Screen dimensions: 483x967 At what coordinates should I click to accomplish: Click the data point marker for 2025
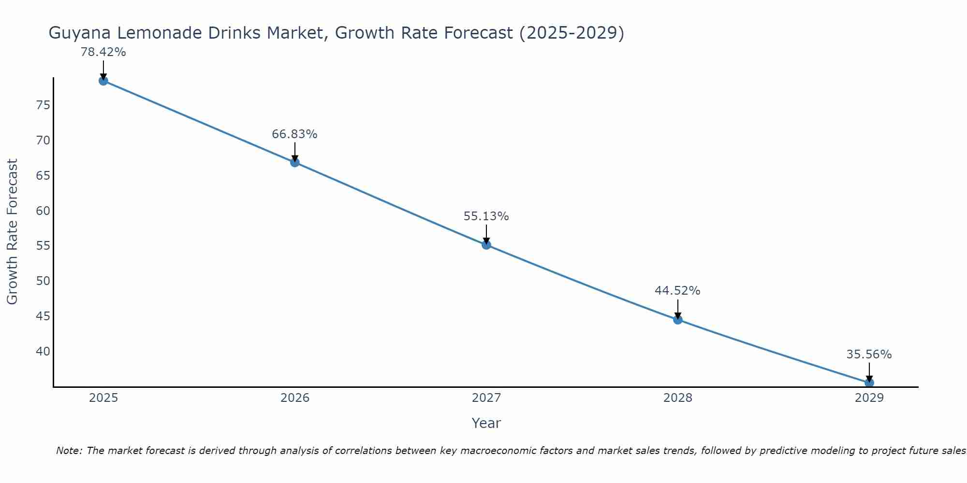pyautogui.click(x=103, y=81)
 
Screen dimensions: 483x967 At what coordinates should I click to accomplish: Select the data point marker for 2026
pyautogui.click(x=295, y=162)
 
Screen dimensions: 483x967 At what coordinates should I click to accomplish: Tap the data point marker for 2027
pyautogui.click(x=486, y=245)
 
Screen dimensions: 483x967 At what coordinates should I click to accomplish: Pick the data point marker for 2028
pyautogui.click(x=678, y=319)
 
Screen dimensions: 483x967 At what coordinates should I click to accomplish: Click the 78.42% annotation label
pyautogui.click(x=103, y=52)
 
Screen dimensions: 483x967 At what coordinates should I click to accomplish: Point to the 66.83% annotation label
pyautogui.click(x=294, y=134)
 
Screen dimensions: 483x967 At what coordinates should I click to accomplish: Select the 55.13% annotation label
pyautogui.click(x=486, y=216)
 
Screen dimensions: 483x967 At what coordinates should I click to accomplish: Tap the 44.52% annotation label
pyautogui.click(x=677, y=291)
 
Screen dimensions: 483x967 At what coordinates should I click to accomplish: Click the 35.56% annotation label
pyautogui.click(x=869, y=355)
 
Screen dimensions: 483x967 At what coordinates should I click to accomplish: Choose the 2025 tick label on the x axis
pyautogui.click(x=103, y=398)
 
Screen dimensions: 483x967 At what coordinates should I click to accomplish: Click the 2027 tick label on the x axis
pyautogui.click(x=486, y=398)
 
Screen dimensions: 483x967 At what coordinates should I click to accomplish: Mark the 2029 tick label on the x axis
pyautogui.click(x=869, y=398)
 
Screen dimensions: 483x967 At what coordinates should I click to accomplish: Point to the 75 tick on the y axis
pyautogui.click(x=43, y=105)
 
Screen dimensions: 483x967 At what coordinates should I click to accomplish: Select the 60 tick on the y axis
pyautogui.click(x=43, y=211)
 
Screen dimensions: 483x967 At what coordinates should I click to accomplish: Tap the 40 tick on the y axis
pyautogui.click(x=43, y=351)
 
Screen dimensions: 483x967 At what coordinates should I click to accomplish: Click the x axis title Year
pyautogui.click(x=486, y=423)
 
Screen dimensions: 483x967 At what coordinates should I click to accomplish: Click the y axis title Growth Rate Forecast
pyautogui.click(x=12, y=231)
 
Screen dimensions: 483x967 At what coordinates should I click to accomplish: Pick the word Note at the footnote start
pyautogui.click(x=70, y=451)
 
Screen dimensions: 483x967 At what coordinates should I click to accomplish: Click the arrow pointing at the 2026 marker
pyautogui.click(x=295, y=151)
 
